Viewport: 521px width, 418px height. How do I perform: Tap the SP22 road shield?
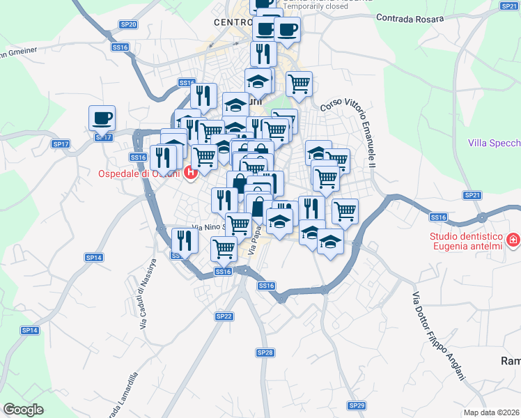coord(224,316)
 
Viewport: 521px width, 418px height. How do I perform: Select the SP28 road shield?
coord(265,353)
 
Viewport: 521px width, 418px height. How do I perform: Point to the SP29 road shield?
coord(357,405)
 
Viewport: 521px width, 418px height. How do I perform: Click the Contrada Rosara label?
coord(410,19)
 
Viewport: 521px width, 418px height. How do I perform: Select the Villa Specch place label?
coord(494,144)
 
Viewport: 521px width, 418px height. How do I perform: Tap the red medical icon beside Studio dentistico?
coord(513,240)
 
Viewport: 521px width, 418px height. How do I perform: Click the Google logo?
coord(23,410)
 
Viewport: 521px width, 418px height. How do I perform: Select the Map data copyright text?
coord(491,412)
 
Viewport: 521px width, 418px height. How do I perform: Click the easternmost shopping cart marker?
coord(345,210)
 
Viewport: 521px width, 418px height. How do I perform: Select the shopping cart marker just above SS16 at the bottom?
coord(224,248)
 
